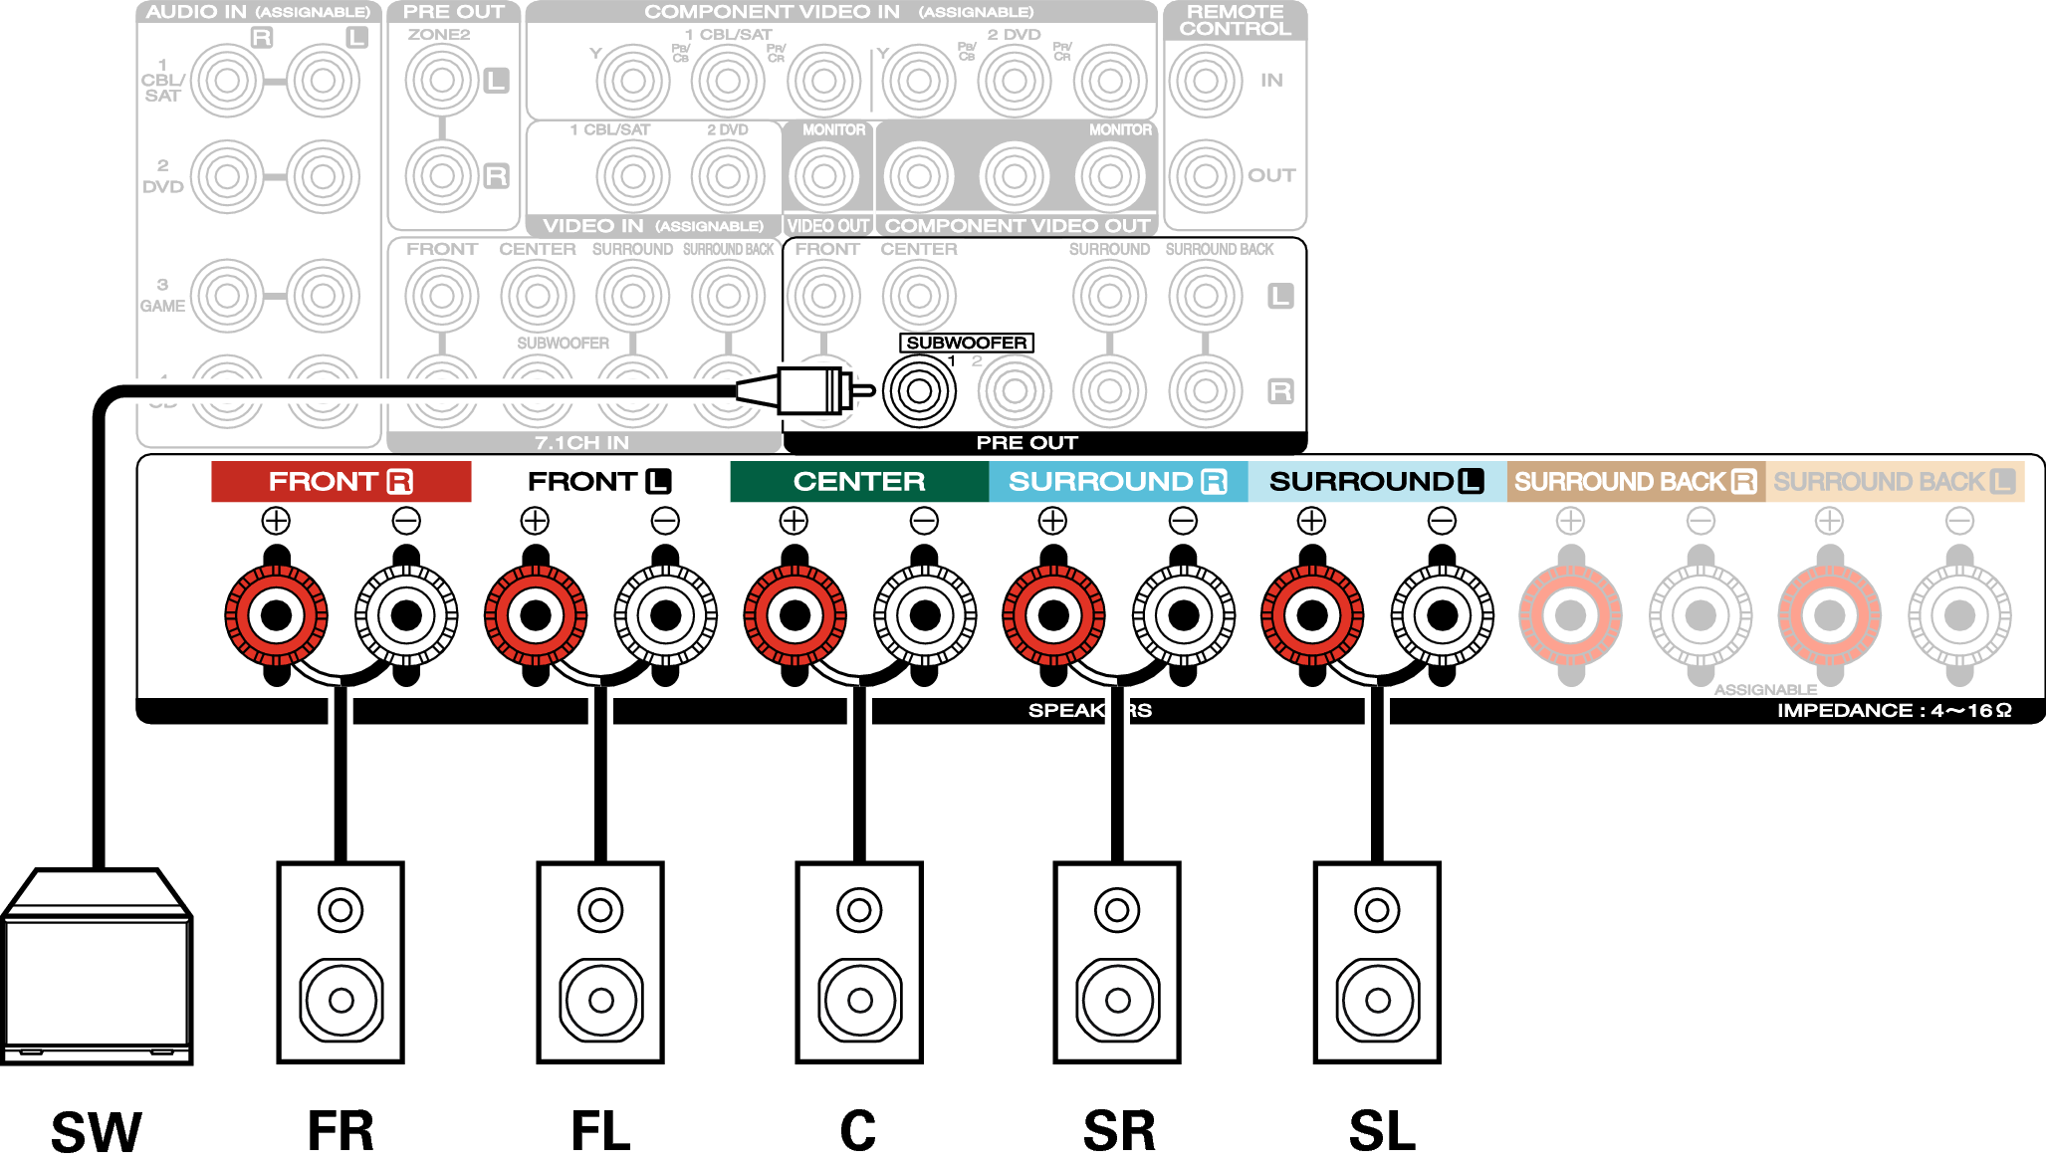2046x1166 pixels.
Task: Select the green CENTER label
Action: coord(858,482)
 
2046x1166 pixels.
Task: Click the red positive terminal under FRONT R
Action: coord(276,615)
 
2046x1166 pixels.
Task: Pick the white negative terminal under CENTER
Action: coord(925,615)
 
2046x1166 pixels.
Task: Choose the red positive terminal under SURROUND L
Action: coord(1312,615)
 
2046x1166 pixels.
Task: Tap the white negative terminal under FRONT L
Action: coord(665,615)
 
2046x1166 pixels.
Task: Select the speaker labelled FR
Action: coord(341,962)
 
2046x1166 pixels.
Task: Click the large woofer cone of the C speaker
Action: coord(860,1000)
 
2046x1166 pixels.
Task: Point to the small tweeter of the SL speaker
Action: coord(1377,909)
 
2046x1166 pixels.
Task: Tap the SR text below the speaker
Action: coord(1119,1131)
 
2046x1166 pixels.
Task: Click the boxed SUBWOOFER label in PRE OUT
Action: coord(966,343)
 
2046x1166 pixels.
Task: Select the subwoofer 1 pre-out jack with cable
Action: coord(919,391)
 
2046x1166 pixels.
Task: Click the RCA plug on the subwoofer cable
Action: coord(811,390)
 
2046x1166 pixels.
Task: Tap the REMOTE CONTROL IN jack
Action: coord(1206,80)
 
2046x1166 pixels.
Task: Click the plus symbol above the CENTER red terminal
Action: coord(794,521)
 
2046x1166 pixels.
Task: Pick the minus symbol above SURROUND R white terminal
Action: coord(1183,521)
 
